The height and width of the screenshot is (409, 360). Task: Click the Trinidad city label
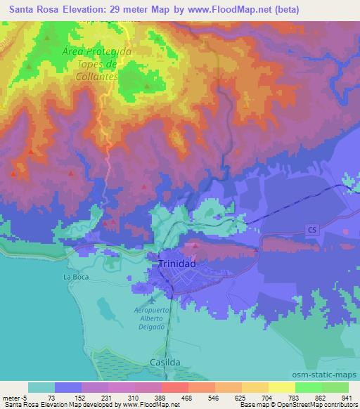(172, 262)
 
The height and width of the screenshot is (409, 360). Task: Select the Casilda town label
(165, 361)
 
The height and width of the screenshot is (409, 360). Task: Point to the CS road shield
(313, 230)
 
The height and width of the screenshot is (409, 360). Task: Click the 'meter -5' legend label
(14, 397)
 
